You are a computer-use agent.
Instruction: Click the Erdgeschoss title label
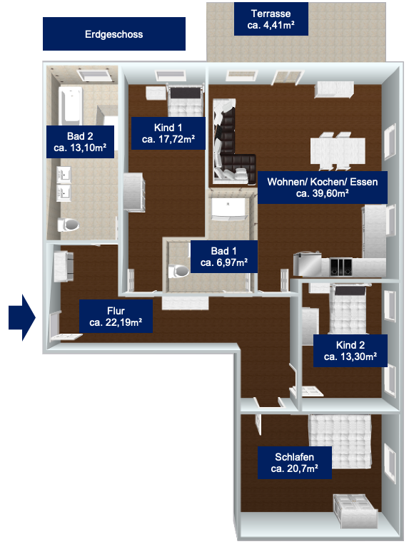pos(114,34)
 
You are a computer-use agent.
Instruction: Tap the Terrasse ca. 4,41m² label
pos(271,19)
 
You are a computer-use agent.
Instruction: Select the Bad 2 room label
pos(80,142)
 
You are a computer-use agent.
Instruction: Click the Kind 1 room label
pos(168,133)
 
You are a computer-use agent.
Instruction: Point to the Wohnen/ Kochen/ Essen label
pos(323,188)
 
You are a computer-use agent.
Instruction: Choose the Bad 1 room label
pos(224,257)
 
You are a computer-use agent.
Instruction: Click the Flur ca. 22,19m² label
pos(116,317)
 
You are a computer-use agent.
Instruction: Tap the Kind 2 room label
pos(350,351)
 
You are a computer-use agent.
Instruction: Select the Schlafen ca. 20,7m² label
pos(295,463)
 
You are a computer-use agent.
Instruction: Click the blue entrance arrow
pos(22,317)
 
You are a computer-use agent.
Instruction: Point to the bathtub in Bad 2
pos(71,105)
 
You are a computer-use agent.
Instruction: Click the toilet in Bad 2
pos(68,225)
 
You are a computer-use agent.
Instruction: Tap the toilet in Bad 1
pos(178,271)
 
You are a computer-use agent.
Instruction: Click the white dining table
pos(338,151)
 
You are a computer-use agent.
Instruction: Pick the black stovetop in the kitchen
pos(340,267)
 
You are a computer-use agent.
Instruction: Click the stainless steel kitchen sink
pos(308,265)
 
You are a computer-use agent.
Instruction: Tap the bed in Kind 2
pos(348,309)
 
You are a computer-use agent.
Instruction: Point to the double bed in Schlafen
pos(340,441)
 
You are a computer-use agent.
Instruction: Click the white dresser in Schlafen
pos(355,510)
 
